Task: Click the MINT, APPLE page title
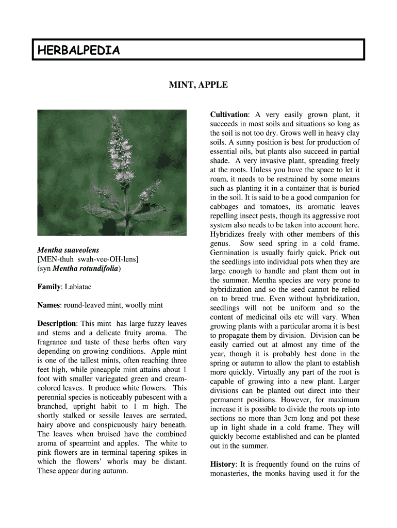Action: coord(198,85)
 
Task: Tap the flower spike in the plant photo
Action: coord(115,155)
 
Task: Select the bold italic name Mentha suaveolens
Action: coord(68,250)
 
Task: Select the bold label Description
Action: coord(56,324)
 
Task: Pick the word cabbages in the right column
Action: coord(225,207)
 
